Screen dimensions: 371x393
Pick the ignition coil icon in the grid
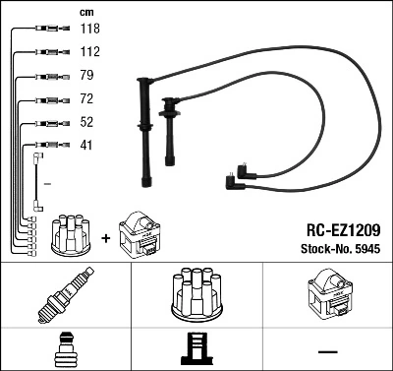coord(326,295)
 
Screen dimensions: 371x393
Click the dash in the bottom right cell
coord(326,350)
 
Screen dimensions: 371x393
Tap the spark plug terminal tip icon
coord(65,350)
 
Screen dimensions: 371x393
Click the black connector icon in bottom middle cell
coord(196,350)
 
